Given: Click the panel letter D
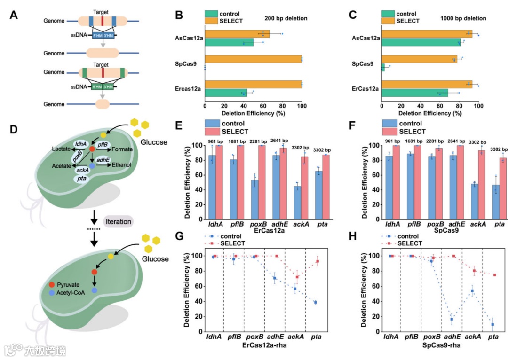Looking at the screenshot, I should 14,130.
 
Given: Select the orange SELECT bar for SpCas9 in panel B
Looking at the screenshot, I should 253,59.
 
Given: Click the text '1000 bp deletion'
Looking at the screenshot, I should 463,18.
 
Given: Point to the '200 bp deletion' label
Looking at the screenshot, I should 286,18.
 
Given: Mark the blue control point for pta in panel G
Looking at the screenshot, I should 315,302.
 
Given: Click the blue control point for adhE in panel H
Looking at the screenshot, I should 452,319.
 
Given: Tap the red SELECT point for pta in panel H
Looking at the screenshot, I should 494,275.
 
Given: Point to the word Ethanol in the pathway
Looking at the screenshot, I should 121,165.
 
